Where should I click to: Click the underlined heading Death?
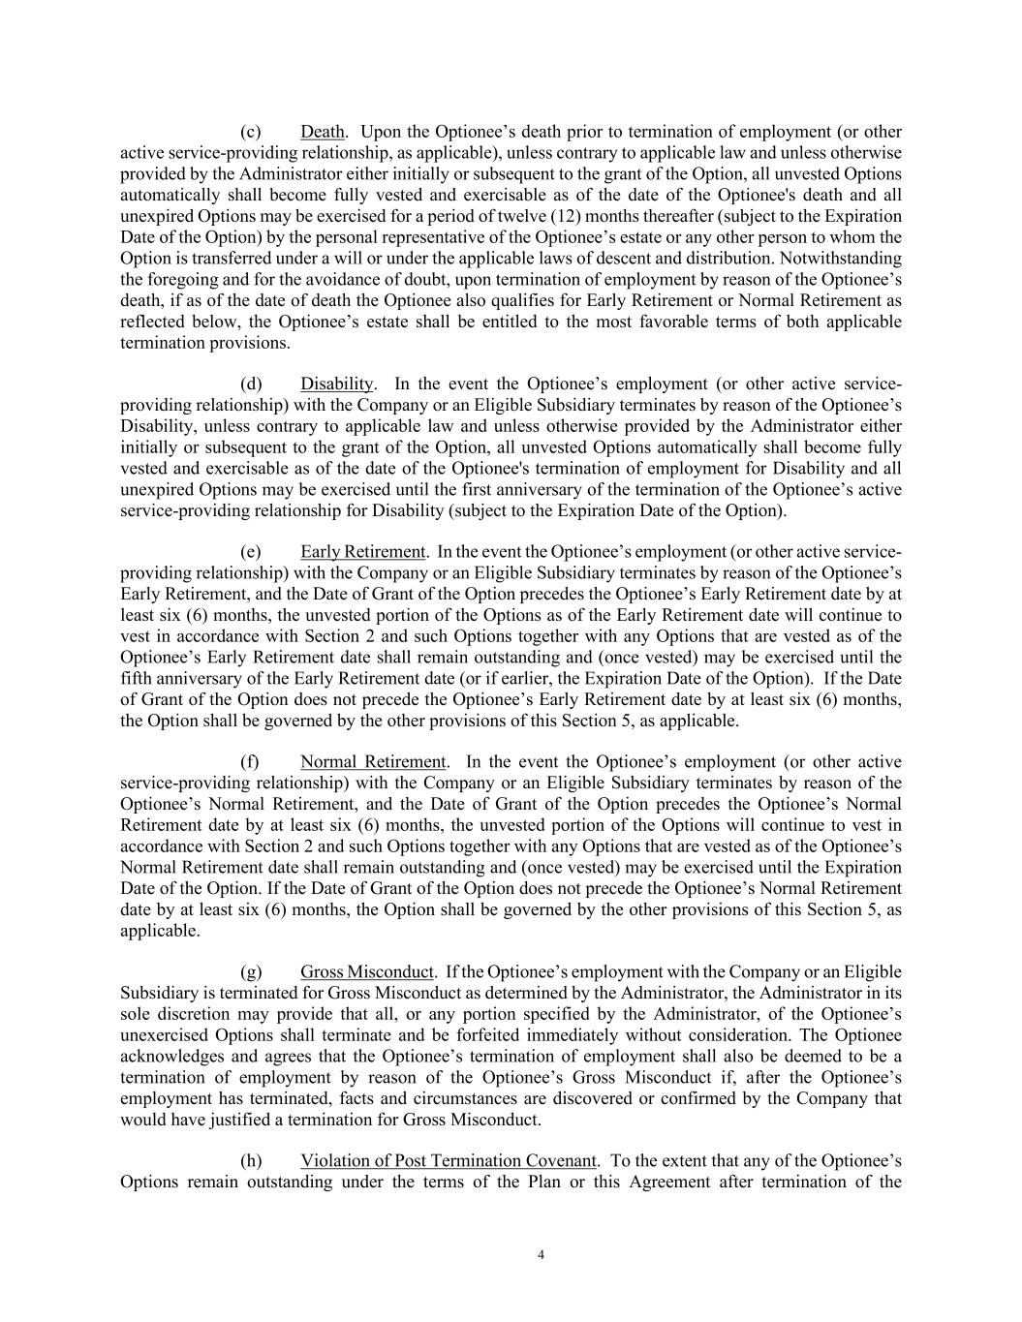point(323,132)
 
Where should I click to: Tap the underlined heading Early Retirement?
point(362,552)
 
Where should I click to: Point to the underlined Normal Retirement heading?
point(373,762)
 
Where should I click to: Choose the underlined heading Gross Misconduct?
point(366,972)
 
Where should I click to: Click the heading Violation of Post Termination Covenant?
point(448,1161)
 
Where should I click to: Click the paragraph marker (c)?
point(250,132)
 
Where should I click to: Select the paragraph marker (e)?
point(250,552)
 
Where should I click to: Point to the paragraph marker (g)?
point(250,972)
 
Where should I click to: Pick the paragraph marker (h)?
point(250,1161)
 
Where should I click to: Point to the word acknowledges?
point(171,1057)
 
